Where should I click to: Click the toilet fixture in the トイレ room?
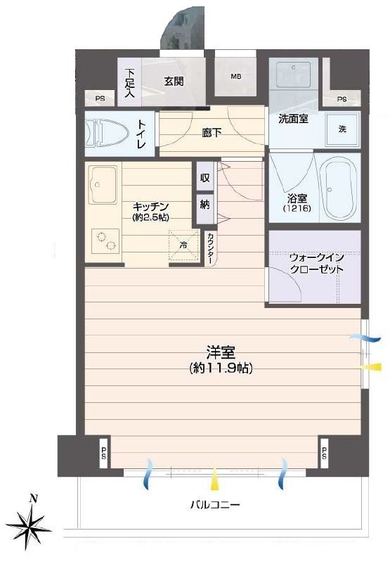(x=107, y=134)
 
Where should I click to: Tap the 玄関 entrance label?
(x=174, y=82)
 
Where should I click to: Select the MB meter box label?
(x=236, y=76)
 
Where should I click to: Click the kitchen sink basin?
(x=103, y=184)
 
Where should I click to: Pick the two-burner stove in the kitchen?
(x=105, y=241)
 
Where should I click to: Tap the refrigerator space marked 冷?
(x=183, y=245)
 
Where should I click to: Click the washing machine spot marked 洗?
(x=342, y=129)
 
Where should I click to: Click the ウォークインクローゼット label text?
(x=316, y=263)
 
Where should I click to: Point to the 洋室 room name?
(x=221, y=352)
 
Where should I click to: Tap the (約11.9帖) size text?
(x=221, y=368)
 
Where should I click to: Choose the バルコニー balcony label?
(x=215, y=505)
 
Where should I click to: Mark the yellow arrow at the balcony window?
(x=214, y=479)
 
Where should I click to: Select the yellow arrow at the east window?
(x=371, y=367)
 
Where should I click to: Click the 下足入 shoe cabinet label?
(x=130, y=83)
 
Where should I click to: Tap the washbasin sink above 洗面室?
(x=293, y=75)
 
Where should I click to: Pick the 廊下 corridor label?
(x=212, y=133)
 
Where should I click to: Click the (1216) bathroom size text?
(x=297, y=208)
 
